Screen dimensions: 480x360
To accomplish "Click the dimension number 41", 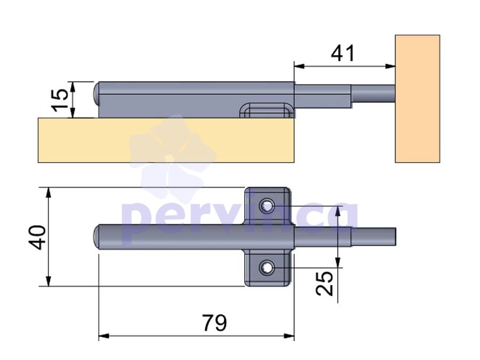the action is (342, 53).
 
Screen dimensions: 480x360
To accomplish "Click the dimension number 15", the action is (60, 100).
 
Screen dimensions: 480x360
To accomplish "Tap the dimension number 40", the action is (37, 237).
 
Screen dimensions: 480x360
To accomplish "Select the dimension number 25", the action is (324, 284).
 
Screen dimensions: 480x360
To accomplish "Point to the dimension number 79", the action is (214, 323).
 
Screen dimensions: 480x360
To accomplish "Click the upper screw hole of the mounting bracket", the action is (267, 206).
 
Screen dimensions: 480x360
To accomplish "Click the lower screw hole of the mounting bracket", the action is (267, 268).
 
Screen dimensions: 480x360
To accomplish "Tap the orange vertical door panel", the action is (418, 99).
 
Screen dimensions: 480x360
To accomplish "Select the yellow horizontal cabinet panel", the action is (166, 140).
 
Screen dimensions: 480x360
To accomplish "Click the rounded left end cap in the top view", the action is (96, 237).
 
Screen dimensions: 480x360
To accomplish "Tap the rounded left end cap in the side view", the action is (96, 93).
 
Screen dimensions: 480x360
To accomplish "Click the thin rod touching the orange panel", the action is (373, 94).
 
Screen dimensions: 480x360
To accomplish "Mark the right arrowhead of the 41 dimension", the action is (390, 66).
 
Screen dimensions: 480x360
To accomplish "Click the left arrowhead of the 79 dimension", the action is (104, 336).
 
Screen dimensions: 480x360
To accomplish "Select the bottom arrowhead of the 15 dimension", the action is (73, 113).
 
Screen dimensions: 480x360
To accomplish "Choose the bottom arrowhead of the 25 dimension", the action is (338, 262).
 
